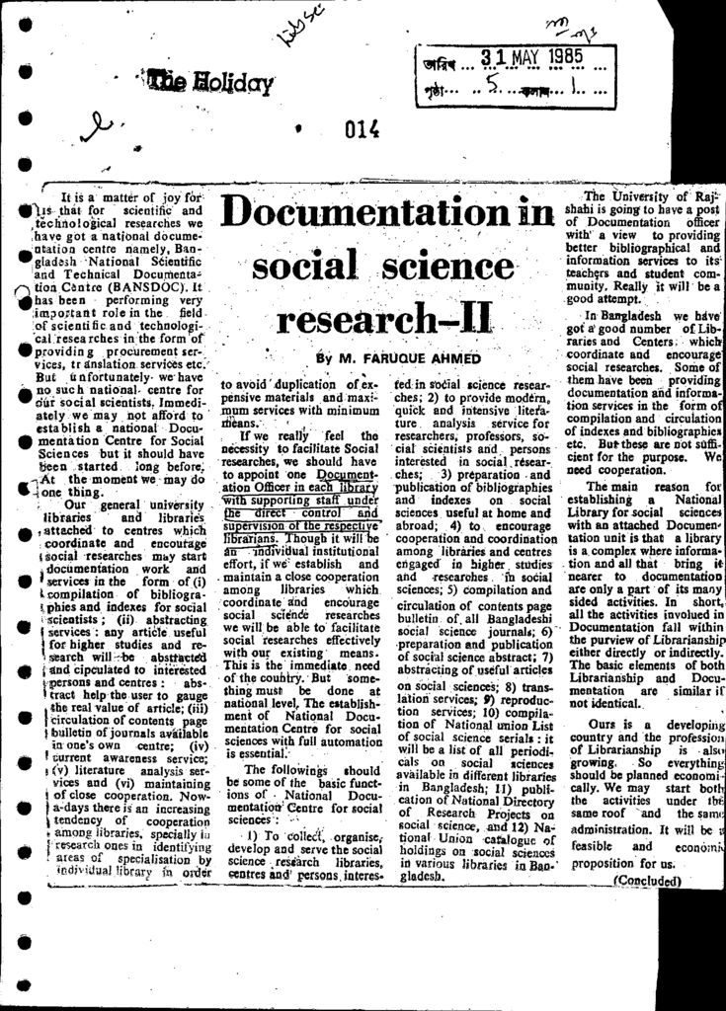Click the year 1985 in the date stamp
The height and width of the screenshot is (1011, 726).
click(561, 57)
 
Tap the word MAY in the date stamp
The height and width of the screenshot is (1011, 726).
click(520, 57)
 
